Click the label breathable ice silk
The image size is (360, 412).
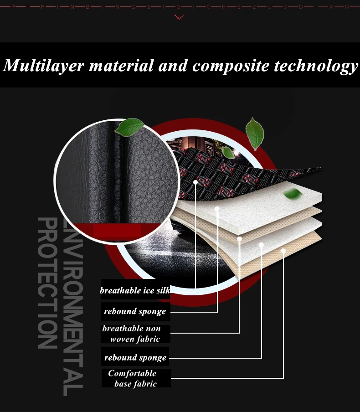(x=135, y=290)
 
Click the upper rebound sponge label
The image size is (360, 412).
(x=135, y=311)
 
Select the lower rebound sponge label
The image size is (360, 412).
(x=135, y=358)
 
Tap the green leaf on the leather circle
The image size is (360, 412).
(x=129, y=127)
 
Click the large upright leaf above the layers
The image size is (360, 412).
(x=254, y=134)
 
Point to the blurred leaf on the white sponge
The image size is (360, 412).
(x=293, y=194)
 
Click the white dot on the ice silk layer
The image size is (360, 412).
(x=195, y=182)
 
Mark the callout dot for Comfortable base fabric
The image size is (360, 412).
(x=283, y=251)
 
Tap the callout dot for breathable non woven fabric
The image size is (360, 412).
(x=239, y=239)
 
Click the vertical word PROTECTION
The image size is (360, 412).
(x=47, y=283)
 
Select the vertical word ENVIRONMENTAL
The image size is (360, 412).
(x=73, y=308)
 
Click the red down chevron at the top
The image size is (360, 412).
(x=179, y=17)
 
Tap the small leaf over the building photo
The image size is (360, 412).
(x=228, y=153)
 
